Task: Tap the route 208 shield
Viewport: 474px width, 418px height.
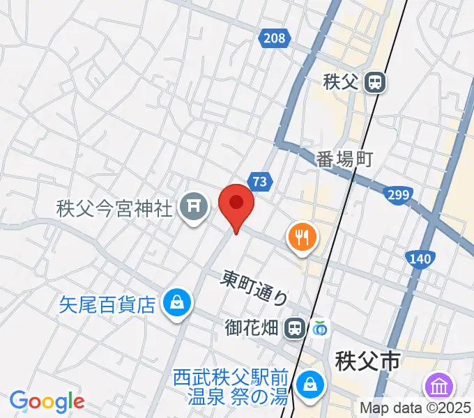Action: tap(275, 38)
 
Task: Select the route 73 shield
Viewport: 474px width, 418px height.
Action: tap(260, 182)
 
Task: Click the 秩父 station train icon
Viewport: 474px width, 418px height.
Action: tap(375, 83)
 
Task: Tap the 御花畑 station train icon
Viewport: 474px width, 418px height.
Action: tap(296, 327)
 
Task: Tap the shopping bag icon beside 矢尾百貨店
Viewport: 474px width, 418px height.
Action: tap(177, 304)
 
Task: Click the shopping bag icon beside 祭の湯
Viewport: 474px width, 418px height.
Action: tap(307, 384)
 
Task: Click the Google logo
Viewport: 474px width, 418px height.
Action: tap(47, 401)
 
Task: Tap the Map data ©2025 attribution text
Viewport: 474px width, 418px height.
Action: tap(415, 408)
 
